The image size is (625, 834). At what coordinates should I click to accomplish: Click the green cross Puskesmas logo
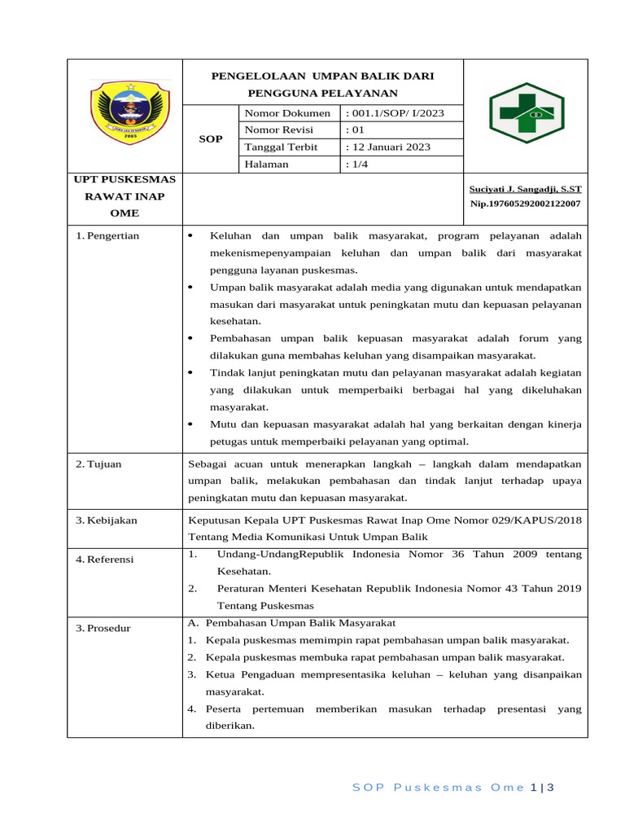coord(526,113)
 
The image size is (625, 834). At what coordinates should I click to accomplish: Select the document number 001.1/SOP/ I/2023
coord(396,113)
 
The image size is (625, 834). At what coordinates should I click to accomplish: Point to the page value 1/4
coord(359,165)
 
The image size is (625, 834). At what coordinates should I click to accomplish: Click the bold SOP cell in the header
coord(211,139)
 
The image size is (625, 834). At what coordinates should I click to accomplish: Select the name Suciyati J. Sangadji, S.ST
coord(527,189)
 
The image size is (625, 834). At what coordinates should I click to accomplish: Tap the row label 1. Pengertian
coord(107,236)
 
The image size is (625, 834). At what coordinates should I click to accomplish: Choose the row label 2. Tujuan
coord(98,464)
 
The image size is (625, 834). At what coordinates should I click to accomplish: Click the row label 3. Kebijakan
coord(107,520)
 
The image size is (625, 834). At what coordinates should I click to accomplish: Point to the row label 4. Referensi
coord(106,560)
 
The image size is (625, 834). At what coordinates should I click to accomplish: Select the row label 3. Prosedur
coord(103,628)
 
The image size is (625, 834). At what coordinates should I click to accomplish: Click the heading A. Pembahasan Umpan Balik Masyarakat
coord(291,623)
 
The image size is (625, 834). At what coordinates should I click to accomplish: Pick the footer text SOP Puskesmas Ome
coord(438,788)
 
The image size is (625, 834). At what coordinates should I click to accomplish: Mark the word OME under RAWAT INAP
coord(125,213)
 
